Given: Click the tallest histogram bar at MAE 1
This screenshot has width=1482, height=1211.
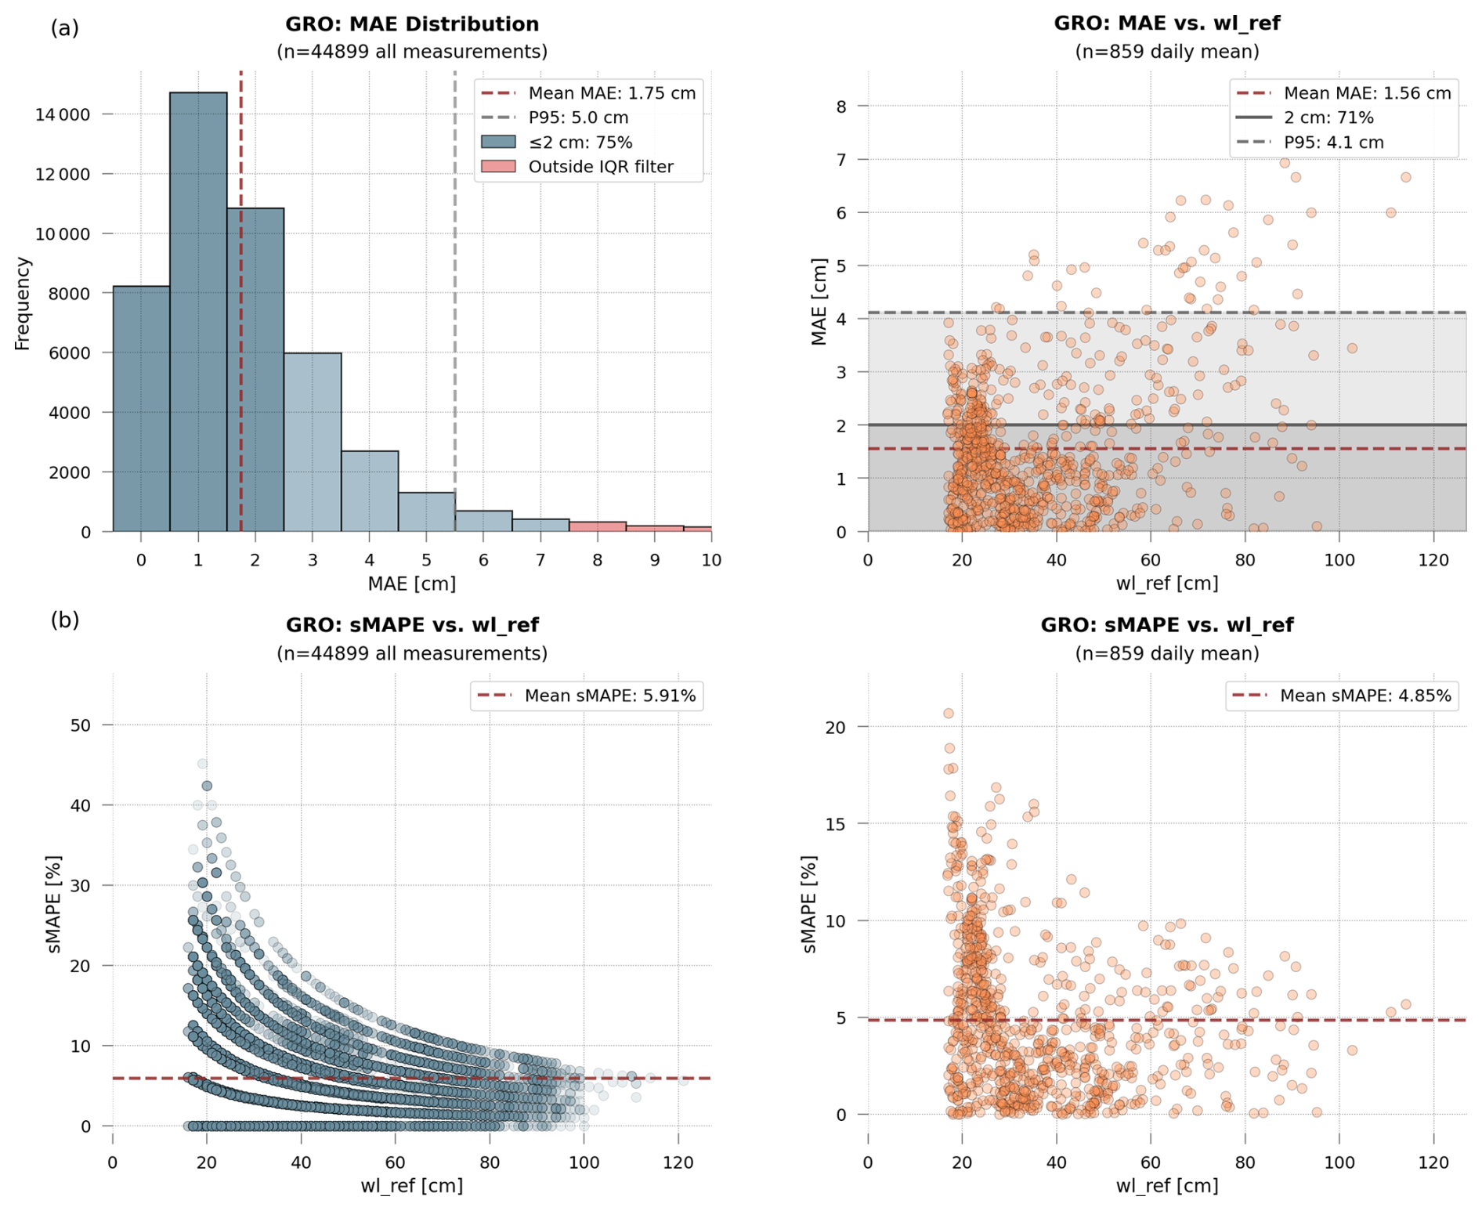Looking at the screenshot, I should point(198,313).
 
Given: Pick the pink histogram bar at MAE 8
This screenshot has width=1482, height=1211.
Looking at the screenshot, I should point(598,526).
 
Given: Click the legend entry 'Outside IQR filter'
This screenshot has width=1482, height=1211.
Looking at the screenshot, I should point(600,167).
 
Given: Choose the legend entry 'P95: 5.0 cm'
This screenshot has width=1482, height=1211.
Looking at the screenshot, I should point(578,117).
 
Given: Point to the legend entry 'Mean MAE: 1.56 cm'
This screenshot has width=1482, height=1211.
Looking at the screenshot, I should point(1367,93).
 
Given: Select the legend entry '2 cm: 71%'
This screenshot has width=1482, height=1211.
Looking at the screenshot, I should point(1328,117).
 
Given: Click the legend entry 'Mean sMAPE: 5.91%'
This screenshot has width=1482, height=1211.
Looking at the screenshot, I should point(609,696).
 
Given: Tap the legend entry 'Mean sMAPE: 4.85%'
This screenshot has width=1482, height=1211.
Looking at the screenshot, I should point(1365,696).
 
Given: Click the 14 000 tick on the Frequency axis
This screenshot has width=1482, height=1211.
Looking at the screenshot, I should point(63,114).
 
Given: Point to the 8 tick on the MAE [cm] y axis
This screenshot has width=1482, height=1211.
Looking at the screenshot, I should point(841,106).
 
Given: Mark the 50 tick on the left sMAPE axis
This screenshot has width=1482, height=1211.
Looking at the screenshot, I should point(81,725).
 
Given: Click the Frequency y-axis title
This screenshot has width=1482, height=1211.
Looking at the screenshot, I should point(22,303).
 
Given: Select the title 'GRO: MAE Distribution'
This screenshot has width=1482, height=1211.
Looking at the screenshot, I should point(412,24).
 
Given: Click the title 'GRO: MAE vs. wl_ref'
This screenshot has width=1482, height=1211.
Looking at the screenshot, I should point(1166,23).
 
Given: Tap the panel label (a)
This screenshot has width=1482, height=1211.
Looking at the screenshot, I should point(65,29).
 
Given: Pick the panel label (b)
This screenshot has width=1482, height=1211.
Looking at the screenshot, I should point(65,620).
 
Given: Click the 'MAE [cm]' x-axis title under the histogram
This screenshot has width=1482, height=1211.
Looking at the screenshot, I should point(412,584).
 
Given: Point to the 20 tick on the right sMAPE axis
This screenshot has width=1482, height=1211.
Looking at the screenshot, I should point(836,727).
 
